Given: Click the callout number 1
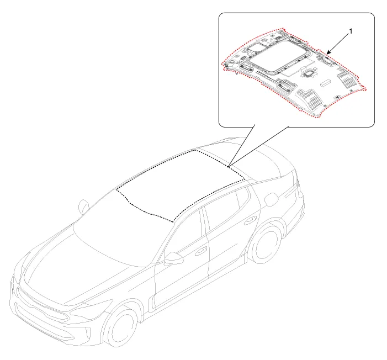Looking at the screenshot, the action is [351, 31].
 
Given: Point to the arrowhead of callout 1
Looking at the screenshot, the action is [328, 52].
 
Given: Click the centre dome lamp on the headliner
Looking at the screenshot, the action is [308, 73].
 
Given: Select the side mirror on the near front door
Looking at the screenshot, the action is [173, 258].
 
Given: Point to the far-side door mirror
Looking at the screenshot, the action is [83, 207].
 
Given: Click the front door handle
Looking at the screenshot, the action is [201, 251].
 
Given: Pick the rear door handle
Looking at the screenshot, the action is [250, 220].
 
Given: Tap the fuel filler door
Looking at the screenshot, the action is [271, 199].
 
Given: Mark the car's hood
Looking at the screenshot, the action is [74, 269].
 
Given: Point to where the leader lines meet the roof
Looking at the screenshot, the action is [229, 166].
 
